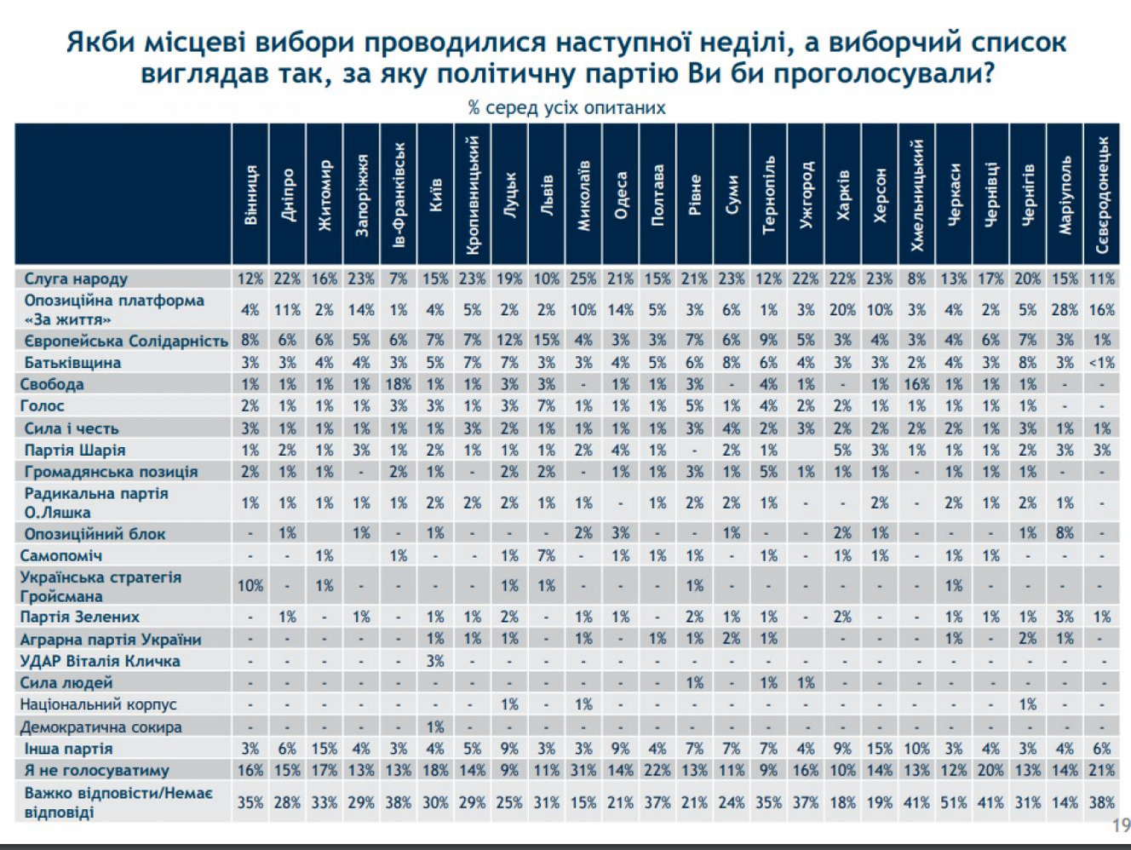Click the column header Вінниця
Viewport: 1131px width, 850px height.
coord(250,194)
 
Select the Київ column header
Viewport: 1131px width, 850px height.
coord(435,194)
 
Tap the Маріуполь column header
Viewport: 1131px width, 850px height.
coord(1065,194)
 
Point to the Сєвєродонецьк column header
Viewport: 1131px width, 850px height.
coord(1102,194)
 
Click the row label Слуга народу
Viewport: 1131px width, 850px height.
coord(76,279)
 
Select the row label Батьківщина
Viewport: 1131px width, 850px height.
coord(72,362)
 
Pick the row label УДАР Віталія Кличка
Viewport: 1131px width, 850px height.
coord(100,661)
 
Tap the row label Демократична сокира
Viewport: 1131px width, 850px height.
coord(101,727)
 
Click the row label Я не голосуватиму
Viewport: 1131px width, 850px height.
coord(96,770)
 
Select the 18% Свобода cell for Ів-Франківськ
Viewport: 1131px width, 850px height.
coord(399,384)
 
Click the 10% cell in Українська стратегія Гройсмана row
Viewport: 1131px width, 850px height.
coord(250,586)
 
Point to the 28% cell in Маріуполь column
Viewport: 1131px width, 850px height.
coord(1065,310)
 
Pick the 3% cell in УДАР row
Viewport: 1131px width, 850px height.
coord(435,661)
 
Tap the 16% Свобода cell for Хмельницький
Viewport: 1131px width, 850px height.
coord(917,384)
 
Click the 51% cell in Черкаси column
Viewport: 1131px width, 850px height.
coord(954,802)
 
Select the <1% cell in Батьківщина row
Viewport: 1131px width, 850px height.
coord(1102,362)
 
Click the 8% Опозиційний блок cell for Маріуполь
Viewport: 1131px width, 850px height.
coord(1065,534)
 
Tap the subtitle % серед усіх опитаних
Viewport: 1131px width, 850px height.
coord(566,107)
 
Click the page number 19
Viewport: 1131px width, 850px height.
coord(1121,825)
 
